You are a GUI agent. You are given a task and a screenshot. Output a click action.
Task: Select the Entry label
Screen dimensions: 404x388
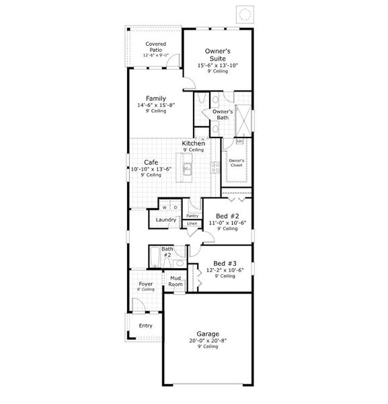[145, 326]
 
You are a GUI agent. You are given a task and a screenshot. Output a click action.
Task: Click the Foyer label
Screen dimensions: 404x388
[146, 283]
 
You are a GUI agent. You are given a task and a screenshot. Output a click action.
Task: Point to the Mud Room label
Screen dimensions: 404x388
[176, 281]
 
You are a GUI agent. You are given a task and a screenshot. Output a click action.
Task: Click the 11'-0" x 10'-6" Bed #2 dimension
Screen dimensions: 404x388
[227, 222]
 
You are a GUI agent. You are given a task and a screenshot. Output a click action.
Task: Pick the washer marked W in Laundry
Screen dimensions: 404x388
[165, 207]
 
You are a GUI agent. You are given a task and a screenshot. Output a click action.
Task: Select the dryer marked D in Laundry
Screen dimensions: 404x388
[174, 207]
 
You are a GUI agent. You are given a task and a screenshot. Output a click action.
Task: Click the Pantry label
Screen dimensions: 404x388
[192, 215]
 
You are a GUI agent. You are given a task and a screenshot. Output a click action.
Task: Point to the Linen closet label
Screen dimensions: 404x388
[192, 223]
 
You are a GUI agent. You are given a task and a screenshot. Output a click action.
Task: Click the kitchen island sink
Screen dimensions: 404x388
[186, 169]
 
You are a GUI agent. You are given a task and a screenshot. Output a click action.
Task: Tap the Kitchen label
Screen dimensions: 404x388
[194, 143]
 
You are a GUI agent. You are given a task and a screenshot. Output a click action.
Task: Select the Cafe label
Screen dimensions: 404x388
[151, 162]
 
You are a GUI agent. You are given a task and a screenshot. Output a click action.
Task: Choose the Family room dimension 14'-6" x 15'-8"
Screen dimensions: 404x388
[155, 105]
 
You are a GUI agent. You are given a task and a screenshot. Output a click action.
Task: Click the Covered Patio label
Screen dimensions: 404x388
[156, 46]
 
